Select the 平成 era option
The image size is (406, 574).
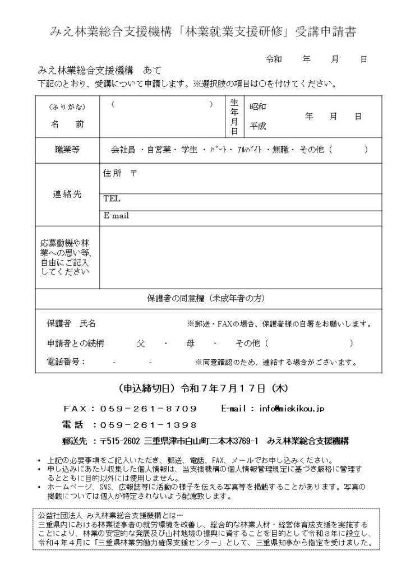coord(258,126)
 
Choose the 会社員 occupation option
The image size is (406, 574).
coord(123,150)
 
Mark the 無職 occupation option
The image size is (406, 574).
coord(281,150)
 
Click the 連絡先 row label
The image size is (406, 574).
coord(67,194)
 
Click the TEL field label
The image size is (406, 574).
coord(112,198)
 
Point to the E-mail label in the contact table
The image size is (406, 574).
coord(116,215)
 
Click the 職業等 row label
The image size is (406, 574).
coord(67,150)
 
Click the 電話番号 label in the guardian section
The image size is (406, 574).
coord(66,362)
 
